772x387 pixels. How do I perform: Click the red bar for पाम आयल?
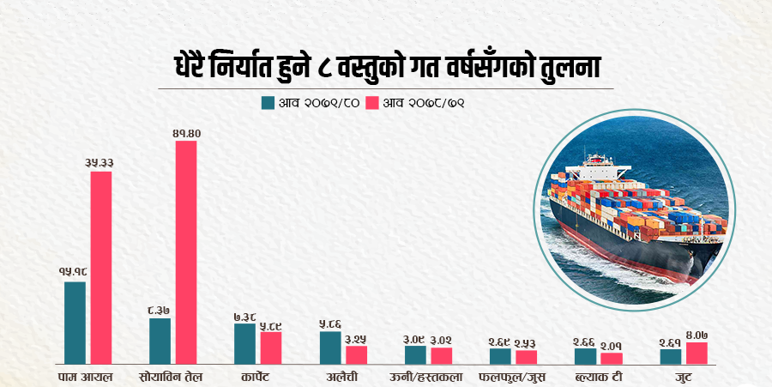point(101,267)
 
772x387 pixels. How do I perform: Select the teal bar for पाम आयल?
point(75,322)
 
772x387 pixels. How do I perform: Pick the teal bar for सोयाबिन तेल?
point(160,340)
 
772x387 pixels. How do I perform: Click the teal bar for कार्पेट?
point(244,342)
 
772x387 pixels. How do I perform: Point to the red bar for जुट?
point(696,352)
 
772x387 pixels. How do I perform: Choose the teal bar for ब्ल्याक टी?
point(585,354)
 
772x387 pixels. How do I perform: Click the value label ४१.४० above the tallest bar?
point(186,133)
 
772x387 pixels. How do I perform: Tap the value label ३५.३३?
point(100,162)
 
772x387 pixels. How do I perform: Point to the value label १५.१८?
point(75,272)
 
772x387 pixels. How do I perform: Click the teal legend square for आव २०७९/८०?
point(267,103)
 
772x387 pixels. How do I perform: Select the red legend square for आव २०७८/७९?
point(371,103)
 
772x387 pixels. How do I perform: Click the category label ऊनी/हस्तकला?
point(427,376)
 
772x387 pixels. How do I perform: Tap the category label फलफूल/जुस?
point(512,376)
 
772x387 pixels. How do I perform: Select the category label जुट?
point(683,376)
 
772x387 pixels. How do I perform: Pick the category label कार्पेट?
point(256,376)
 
